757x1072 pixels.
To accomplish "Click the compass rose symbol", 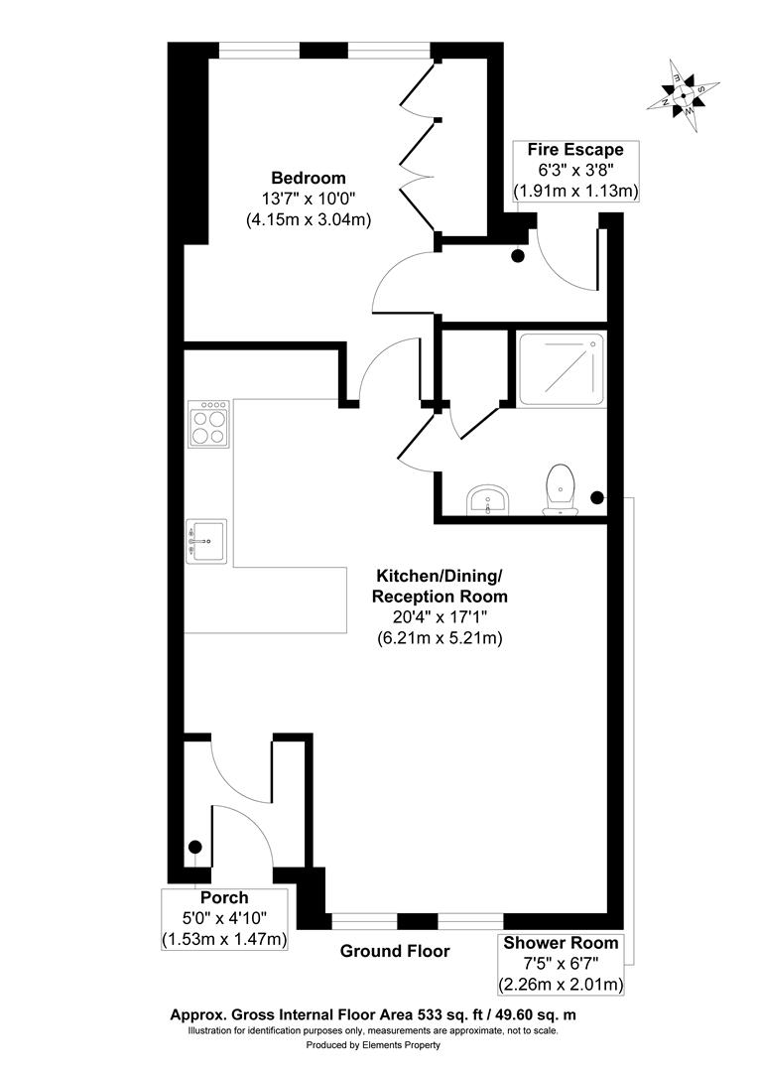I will click(x=683, y=96).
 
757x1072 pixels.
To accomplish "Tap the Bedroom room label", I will click(x=311, y=178).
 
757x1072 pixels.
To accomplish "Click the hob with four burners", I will click(x=208, y=424).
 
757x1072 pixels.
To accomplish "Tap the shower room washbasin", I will click(x=487, y=499).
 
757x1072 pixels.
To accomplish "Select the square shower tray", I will click(x=561, y=368).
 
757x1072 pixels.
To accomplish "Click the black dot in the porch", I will click(x=195, y=847).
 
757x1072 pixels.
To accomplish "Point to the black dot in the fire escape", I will click(x=518, y=256).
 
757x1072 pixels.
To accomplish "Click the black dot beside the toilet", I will click(x=596, y=497).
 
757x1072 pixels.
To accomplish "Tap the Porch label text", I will click(x=224, y=898).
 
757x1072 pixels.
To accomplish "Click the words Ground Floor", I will click(x=395, y=951).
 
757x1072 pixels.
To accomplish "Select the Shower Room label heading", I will click(x=561, y=943).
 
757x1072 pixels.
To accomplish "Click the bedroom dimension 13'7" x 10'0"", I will click(x=310, y=199).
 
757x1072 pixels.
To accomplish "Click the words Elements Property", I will click(x=403, y=1045).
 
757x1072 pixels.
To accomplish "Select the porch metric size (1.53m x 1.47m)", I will click(x=224, y=939).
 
